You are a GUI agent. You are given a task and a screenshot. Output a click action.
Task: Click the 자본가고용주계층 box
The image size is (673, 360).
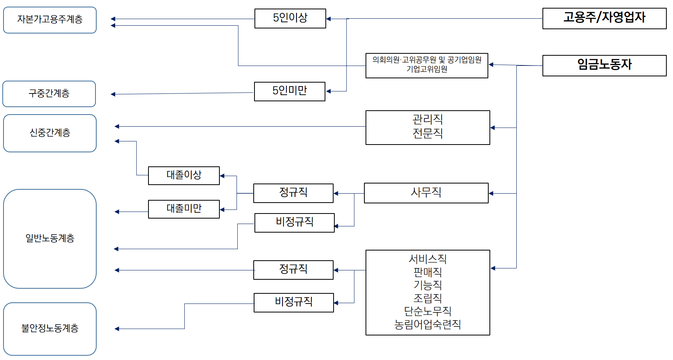(50, 20)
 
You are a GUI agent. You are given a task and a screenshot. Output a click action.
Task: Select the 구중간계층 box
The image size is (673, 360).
(49, 94)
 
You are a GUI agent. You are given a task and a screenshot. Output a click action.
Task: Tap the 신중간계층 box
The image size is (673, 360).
(50, 133)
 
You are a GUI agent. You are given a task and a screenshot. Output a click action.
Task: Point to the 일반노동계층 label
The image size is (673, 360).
(50, 238)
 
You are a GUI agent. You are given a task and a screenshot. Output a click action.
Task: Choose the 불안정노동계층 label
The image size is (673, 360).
(50, 328)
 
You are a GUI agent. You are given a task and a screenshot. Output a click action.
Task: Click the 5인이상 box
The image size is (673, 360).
(290, 18)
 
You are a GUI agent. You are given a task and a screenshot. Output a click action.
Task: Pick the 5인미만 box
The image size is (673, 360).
(290, 91)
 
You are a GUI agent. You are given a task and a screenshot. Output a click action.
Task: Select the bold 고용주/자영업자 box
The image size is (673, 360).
(604, 18)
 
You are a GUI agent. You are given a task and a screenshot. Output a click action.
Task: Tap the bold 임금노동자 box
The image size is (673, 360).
(604, 65)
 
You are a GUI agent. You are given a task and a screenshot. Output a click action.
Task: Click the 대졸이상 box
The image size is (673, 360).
(184, 175)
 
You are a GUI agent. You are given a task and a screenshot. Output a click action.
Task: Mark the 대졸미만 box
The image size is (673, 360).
(184, 209)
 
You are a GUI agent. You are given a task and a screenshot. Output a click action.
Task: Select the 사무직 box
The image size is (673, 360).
(426, 193)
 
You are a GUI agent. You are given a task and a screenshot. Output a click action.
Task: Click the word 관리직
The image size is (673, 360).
(427, 119)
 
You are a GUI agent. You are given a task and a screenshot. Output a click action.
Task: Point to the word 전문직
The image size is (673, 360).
(427, 134)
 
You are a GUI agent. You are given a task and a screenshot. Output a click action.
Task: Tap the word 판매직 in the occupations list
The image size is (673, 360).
(427, 272)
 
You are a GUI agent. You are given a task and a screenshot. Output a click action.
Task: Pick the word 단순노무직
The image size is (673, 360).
(427, 311)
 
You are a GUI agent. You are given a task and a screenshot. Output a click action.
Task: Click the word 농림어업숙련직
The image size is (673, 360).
(427, 325)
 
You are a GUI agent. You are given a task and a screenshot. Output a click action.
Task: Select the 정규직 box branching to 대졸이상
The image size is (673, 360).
(293, 193)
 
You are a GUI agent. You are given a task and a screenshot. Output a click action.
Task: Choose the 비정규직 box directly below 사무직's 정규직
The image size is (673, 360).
(294, 222)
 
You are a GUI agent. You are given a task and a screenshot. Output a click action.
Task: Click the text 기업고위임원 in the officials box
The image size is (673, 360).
(427, 69)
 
